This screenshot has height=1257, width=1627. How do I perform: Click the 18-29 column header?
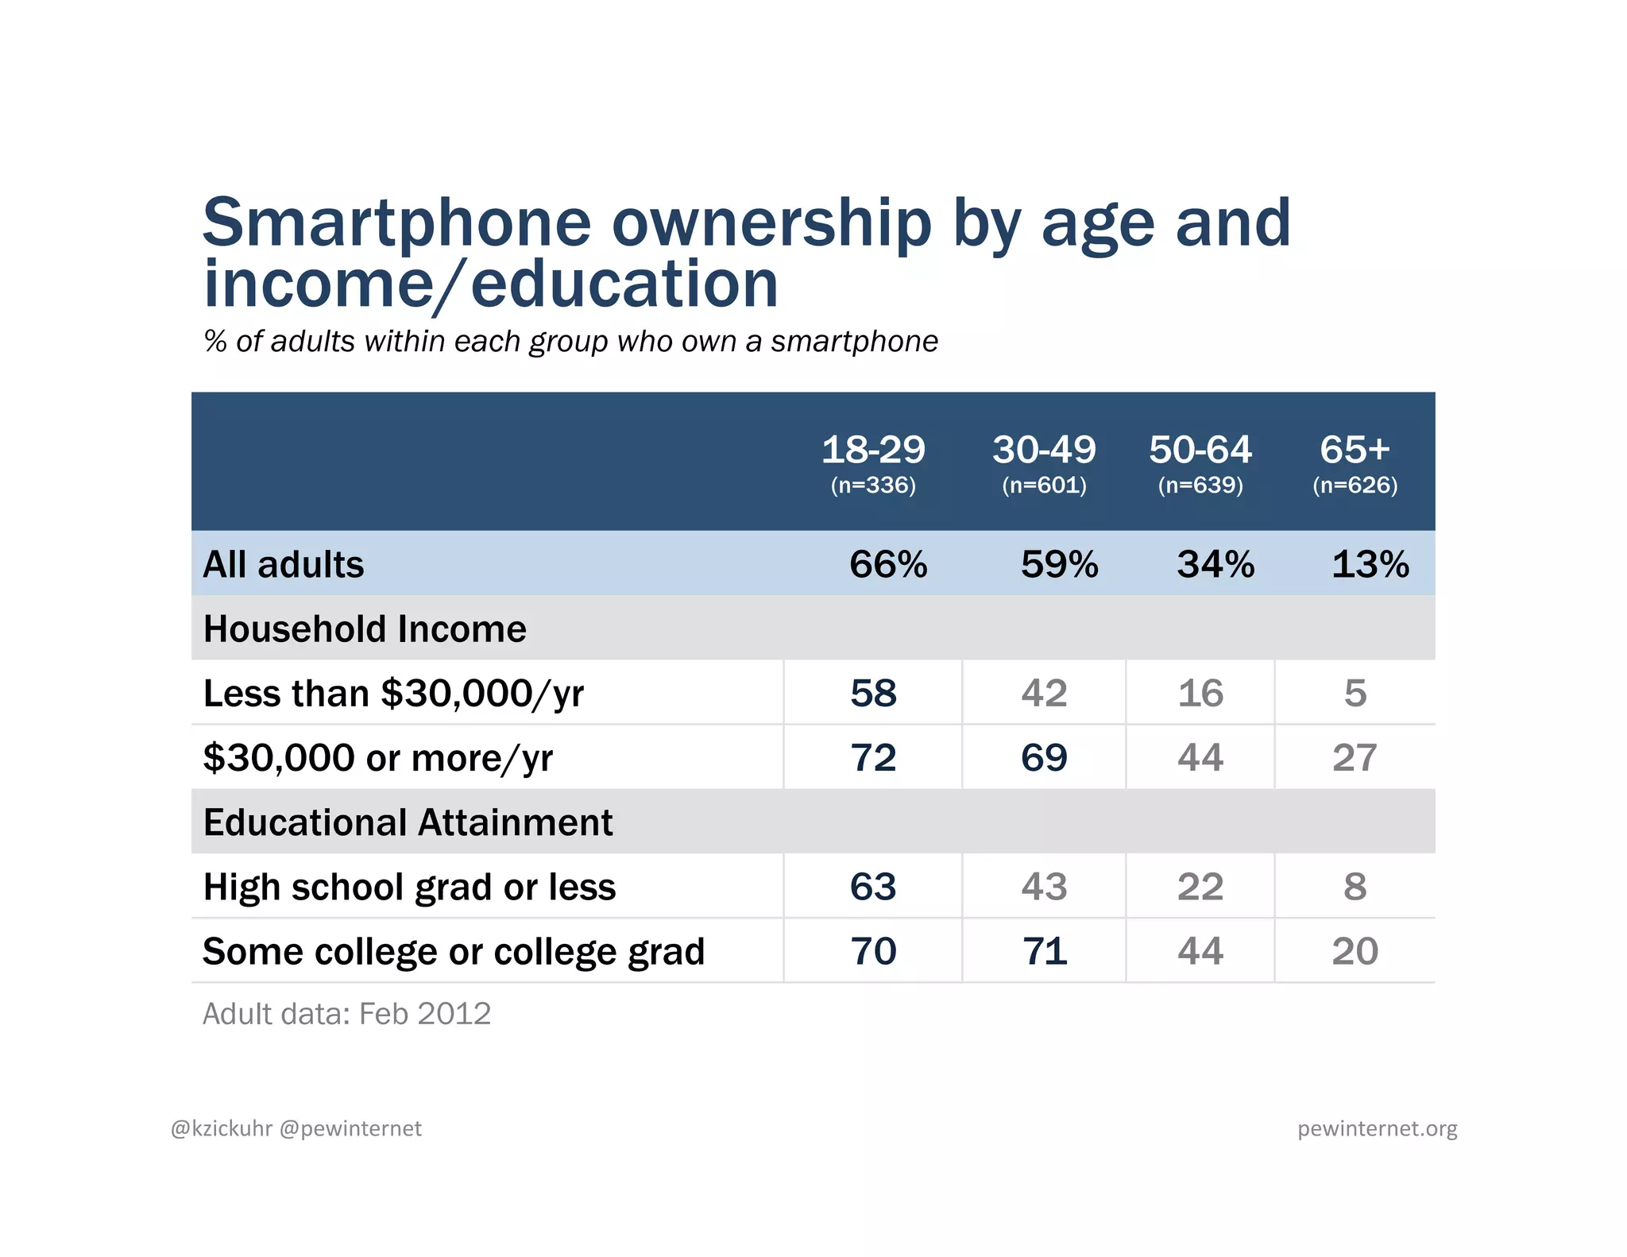pos(873,450)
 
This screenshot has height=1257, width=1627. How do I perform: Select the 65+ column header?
pos(1355,450)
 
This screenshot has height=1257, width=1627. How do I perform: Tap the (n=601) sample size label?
pos(1044,485)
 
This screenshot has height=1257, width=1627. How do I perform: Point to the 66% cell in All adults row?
pos(887,564)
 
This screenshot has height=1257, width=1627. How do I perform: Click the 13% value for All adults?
pos(1370,564)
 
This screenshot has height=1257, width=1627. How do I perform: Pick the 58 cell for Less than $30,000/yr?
pos(873,693)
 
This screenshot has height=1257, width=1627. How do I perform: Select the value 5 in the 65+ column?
pos(1355,693)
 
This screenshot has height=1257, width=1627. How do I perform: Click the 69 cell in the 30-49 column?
pos(1044,757)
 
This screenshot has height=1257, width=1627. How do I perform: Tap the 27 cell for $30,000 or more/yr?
pos(1355,757)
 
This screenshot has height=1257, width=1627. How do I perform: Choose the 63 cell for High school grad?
pos(873,887)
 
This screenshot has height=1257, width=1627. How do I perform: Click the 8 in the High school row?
pos(1355,887)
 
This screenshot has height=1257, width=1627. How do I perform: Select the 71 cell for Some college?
pos(1044,951)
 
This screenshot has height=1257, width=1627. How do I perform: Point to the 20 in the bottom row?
pos(1355,951)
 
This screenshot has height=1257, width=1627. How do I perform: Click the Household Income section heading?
pos(365,628)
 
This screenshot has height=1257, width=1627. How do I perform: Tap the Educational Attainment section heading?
pos(408,822)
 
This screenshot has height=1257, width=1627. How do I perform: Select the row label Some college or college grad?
pos(454,952)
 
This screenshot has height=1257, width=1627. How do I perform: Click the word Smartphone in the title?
pos(396,222)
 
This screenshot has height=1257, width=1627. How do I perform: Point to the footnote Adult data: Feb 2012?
pos(346,1014)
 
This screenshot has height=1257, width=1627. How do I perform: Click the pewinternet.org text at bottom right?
pos(1377,1129)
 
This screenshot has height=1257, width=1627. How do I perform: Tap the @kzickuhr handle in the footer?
pos(222,1129)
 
